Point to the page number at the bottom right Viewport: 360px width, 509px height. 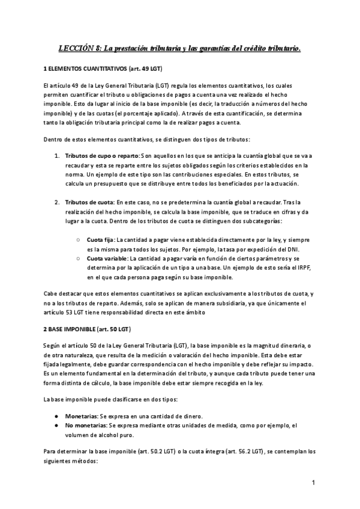pos(313,483)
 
